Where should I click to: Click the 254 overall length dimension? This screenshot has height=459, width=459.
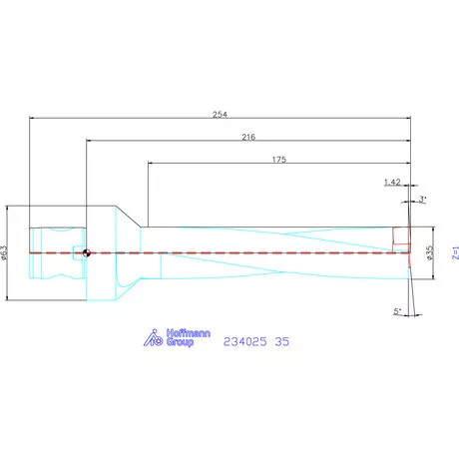pyautogui.click(x=221, y=113)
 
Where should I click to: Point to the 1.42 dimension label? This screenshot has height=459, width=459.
pyautogui.click(x=393, y=183)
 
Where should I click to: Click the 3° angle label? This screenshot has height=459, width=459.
pyautogui.click(x=423, y=200)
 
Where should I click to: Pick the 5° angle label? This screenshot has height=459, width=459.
pyautogui.click(x=397, y=311)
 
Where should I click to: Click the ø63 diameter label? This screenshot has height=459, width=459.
pyautogui.click(x=5, y=252)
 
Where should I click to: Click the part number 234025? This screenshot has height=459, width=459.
pyautogui.click(x=243, y=340)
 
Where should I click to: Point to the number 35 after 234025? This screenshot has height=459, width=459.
pyautogui.click(x=282, y=340)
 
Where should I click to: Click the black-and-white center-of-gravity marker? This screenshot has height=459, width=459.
pyautogui.click(x=88, y=252)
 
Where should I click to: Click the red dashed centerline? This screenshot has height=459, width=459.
pyautogui.click(x=249, y=252)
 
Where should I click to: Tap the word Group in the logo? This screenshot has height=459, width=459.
pyautogui.click(x=180, y=343)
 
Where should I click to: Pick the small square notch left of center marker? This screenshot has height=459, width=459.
pyautogui.click(x=76, y=252)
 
